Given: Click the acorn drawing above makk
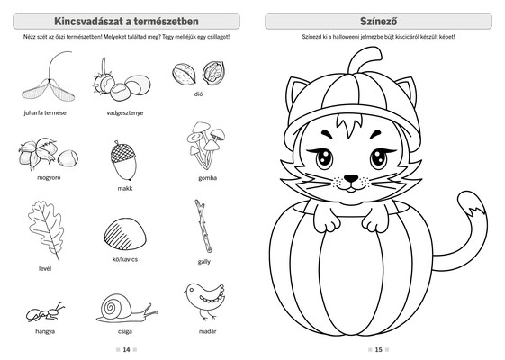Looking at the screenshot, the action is coord(123,160).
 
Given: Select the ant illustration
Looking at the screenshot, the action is coord(45,313).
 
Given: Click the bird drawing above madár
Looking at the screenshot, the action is coord(205,300).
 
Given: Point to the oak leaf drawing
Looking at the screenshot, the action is coord(45,229).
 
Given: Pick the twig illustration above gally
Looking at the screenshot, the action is coord(203,226).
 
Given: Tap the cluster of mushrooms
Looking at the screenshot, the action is coord(206,145).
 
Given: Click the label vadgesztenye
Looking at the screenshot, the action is coord(125,113).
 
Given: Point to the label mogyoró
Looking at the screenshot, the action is coord(49,177).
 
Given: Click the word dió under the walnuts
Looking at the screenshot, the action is coord(198,94).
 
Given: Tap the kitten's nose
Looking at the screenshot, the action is coord(351,178).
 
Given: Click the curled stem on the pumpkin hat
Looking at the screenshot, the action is coord(364,59).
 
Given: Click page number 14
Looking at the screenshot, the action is coord(126,350).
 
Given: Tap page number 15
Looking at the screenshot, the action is coord(378,350).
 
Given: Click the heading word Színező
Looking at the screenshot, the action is coord(378,22).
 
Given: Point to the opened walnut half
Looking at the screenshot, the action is coord(213,73).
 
